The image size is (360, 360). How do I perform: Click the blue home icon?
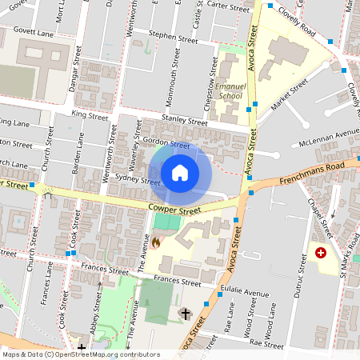(180, 172)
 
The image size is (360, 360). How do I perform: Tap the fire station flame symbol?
(154, 240)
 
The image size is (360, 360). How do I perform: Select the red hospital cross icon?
(321, 253)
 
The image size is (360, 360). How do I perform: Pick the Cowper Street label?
(174, 210)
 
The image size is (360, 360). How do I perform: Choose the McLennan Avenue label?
(329, 136)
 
